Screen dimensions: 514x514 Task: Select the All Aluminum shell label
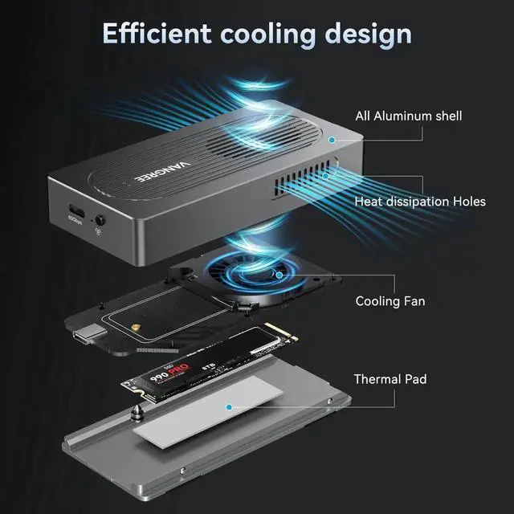(x=409, y=116)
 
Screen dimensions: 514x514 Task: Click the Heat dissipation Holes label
(x=420, y=201)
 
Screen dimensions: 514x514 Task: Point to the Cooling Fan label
(x=390, y=301)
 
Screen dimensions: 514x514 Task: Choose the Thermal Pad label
(x=390, y=378)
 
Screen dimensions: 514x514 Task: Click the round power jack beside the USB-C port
(x=100, y=218)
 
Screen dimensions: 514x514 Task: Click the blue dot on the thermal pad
(x=230, y=406)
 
